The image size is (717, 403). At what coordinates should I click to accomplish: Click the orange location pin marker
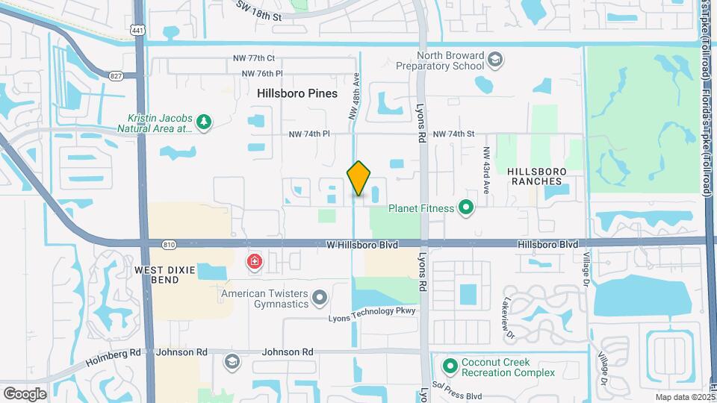coord(358,178)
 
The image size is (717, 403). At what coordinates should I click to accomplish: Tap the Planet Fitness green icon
coord(467,207)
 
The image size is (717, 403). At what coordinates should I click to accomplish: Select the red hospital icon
coord(255,262)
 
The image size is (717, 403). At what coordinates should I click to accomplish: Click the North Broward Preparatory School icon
coord(494,59)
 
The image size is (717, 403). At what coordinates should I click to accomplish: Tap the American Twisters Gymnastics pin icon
coord(320,299)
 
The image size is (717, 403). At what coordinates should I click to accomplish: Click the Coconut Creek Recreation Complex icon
coord(450,366)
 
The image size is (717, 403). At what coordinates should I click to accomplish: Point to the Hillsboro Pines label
coord(297,94)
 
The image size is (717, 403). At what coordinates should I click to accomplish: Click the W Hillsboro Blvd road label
coord(362,244)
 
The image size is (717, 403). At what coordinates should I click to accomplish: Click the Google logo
coord(25,393)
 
